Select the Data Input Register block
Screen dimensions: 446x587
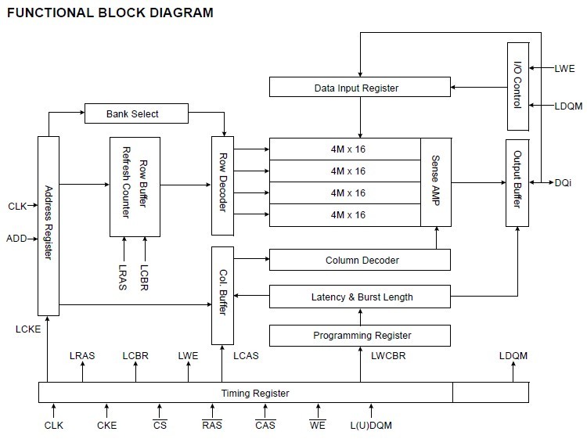(356, 88)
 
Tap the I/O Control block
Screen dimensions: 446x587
(517, 86)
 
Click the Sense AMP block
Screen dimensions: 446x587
(436, 181)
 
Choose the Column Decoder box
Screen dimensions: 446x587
(360, 260)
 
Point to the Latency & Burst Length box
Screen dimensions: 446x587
(360, 297)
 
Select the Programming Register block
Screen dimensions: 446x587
(360, 335)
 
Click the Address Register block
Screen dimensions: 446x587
(49, 225)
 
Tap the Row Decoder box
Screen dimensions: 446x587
(223, 185)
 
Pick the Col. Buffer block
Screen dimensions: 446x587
(223, 295)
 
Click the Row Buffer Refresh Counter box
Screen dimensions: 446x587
(135, 186)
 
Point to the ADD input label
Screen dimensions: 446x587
(16, 238)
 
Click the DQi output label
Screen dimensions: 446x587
(564, 182)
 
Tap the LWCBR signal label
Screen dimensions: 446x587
(388, 356)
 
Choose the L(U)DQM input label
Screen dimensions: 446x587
(371, 426)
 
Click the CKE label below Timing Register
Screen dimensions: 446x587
(106, 426)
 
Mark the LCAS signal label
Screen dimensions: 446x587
(247, 356)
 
